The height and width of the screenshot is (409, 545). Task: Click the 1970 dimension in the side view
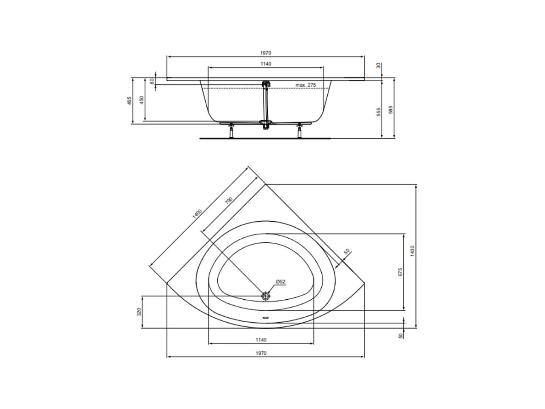[265, 53]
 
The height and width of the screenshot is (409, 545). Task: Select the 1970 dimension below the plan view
[261, 353]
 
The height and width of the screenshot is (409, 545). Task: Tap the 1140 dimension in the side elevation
[265, 64]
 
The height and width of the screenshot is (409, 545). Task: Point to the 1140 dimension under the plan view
[261, 340]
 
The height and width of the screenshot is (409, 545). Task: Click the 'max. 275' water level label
[306, 85]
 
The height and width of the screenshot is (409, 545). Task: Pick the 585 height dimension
[391, 111]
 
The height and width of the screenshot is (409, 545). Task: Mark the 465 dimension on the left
[129, 100]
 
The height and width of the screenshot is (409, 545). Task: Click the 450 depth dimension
[142, 100]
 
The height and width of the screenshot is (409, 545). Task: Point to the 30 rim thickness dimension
[379, 66]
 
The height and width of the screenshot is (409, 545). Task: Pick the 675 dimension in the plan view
[400, 271]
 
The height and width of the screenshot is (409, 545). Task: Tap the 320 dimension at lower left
[139, 312]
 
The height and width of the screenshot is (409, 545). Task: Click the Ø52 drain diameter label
[281, 281]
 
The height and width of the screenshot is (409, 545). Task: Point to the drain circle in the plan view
[266, 296]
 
